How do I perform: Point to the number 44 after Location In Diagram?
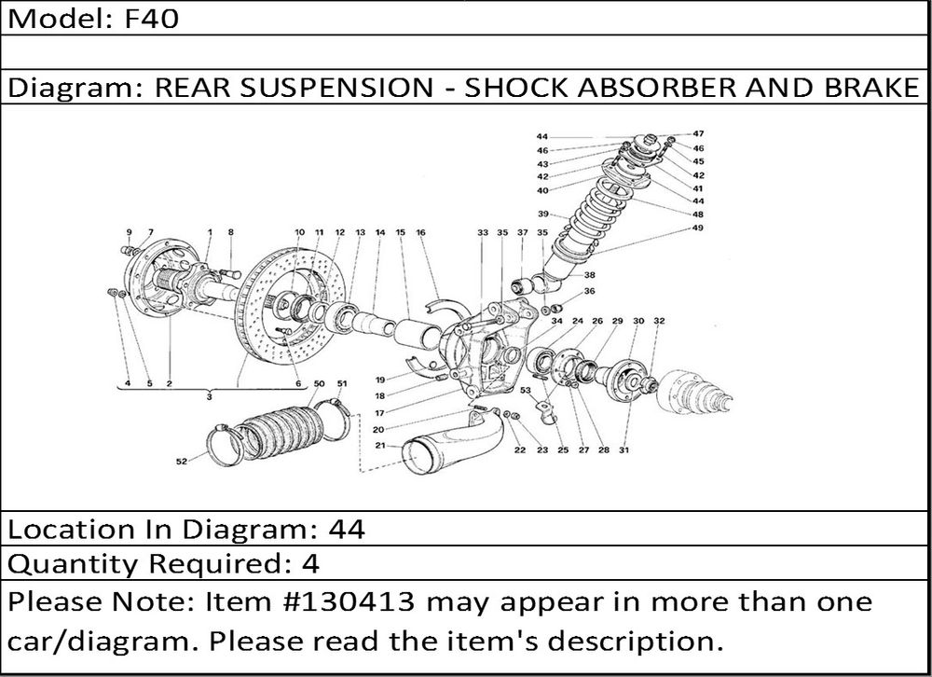click(x=348, y=530)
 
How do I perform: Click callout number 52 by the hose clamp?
click(x=181, y=461)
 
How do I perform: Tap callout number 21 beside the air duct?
click(x=381, y=447)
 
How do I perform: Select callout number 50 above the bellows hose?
click(x=319, y=383)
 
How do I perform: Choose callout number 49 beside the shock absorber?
click(x=698, y=228)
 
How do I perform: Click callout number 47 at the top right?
click(x=698, y=134)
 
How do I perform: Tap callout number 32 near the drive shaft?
click(x=659, y=321)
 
